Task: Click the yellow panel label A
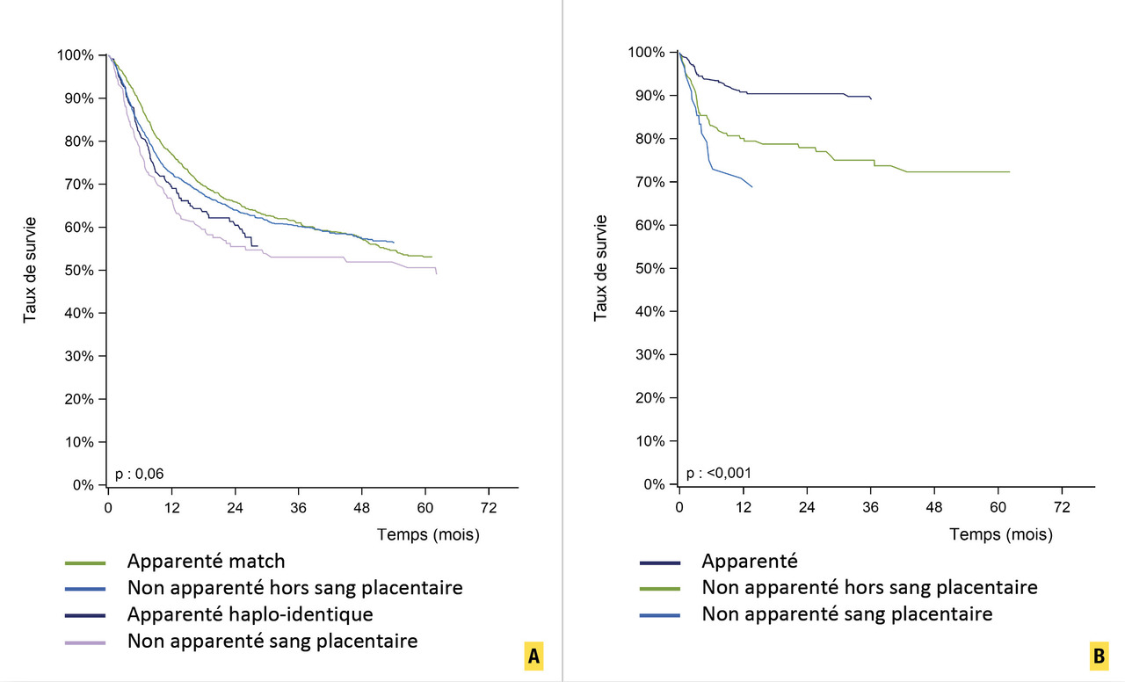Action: (x=532, y=656)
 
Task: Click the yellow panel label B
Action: (x=1099, y=656)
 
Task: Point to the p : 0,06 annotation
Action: (x=140, y=474)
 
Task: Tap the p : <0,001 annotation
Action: (x=718, y=473)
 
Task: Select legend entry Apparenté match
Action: (x=206, y=561)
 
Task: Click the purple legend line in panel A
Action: (x=85, y=642)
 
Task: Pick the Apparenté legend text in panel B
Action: (x=749, y=560)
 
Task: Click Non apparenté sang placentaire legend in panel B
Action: (x=847, y=613)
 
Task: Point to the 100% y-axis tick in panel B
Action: (x=648, y=53)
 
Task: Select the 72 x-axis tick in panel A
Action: (x=489, y=508)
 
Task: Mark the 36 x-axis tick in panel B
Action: (x=870, y=508)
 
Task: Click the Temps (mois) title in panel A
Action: (x=429, y=533)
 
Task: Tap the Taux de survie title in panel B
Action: (x=601, y=267)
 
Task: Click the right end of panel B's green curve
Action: (x=1010, y=171)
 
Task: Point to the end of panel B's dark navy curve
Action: (x=871, y=98)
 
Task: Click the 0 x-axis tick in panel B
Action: (x=679, y=508)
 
